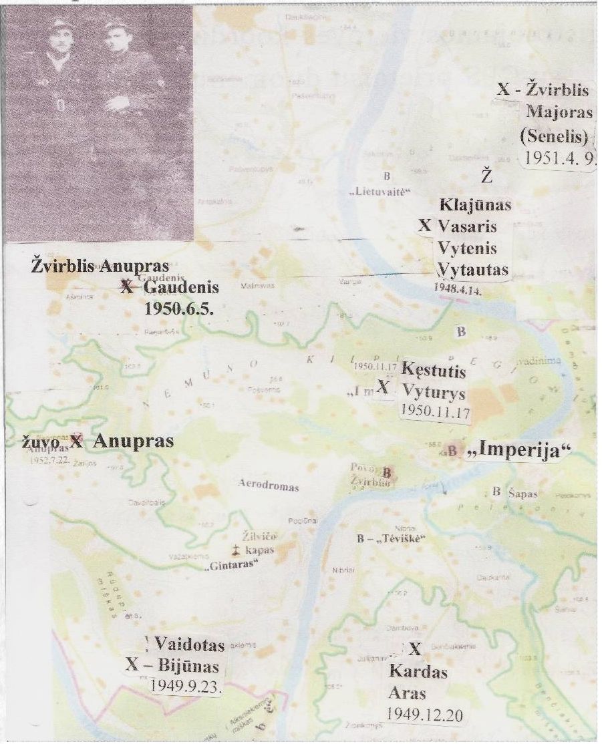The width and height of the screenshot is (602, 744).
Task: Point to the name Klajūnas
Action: (475, 205)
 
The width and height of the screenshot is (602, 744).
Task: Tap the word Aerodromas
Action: (268, 487)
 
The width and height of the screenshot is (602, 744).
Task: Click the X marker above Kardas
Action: (415, 648)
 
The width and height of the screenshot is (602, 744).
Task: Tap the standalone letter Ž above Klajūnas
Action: (487, 177)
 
